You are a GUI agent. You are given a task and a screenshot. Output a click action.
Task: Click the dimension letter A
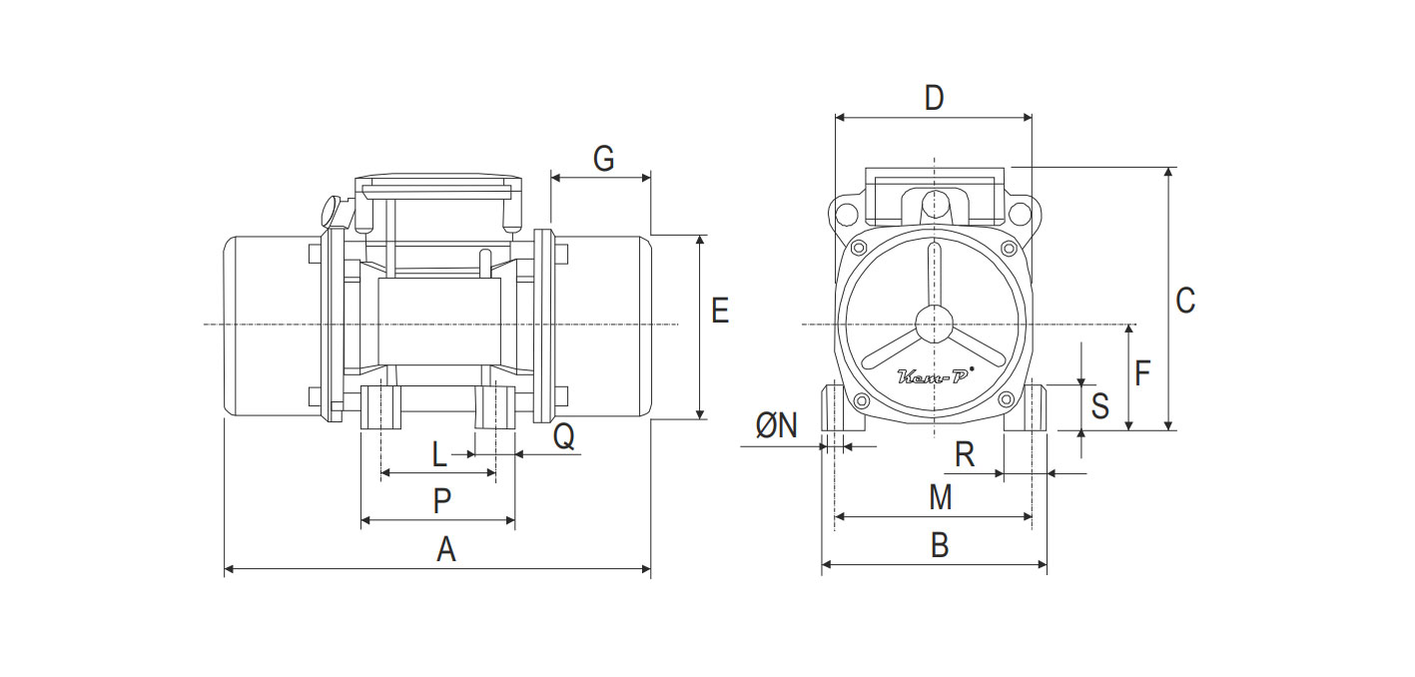(446, 548)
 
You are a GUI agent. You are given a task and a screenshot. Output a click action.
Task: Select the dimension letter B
(940, 545)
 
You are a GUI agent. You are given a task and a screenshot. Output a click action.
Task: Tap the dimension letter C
(1185, 300)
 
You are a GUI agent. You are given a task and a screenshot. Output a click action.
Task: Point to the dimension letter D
(934, 98)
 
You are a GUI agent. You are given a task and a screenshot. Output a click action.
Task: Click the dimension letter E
(720, 311)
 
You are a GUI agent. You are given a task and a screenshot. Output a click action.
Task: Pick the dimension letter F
(1143, 373)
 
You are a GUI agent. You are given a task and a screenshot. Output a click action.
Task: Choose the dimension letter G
(603, 159)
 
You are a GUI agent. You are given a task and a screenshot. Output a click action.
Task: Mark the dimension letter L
(439, 455)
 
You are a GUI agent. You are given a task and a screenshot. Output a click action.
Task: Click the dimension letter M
(940, 497)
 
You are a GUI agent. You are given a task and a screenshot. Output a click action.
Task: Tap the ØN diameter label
(777, 426)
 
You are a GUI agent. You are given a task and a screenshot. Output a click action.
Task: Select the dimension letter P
(442, 500)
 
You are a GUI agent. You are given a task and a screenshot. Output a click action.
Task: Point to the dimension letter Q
(564, 436)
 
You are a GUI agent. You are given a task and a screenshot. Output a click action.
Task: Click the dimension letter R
(965, 455)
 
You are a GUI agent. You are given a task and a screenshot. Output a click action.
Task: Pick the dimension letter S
(1099, 406)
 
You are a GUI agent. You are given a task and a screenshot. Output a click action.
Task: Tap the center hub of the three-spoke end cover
(935, 325)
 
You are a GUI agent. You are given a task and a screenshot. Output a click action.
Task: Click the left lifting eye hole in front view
(846, 214)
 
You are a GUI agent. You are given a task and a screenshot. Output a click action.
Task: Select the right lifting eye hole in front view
(1019, 214)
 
